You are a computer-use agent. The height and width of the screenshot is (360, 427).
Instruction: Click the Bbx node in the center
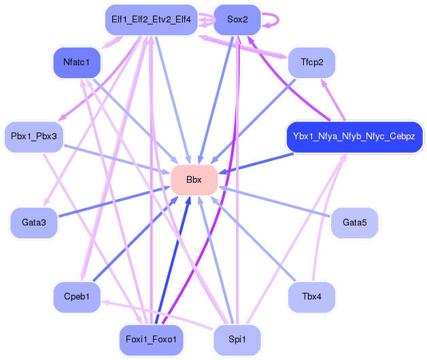[194, 180]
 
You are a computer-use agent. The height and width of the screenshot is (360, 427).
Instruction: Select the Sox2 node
[237, 20]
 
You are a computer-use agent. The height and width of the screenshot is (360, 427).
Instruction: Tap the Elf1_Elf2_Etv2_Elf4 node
[151, 20]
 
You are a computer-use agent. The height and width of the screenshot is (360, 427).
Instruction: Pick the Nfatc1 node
[77, 62]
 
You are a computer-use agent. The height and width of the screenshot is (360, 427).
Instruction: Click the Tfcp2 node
[312, 62]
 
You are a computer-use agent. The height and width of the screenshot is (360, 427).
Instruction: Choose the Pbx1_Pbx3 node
[34, 137]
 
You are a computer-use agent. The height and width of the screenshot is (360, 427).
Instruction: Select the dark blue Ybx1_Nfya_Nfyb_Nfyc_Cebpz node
[354, 137]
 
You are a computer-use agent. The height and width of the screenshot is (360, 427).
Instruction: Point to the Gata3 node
[34, 223]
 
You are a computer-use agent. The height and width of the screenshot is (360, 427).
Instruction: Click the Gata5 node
[354, 223]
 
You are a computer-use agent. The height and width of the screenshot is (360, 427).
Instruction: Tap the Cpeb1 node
[77, 297]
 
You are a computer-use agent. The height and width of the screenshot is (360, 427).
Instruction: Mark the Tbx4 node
[312, 297]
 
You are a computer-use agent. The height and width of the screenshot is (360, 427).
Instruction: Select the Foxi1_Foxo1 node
[151, 340]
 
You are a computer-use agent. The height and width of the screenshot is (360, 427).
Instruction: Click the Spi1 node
[237, 340]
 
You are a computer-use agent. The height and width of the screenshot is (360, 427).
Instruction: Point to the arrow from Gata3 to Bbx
[114, 202]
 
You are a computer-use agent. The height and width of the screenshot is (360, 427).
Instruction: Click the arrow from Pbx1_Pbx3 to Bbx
[117, 160]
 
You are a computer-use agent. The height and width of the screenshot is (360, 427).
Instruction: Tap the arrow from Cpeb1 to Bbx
[135, 238]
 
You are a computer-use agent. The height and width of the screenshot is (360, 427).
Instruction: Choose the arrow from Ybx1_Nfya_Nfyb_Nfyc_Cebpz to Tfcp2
[333, 100]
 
